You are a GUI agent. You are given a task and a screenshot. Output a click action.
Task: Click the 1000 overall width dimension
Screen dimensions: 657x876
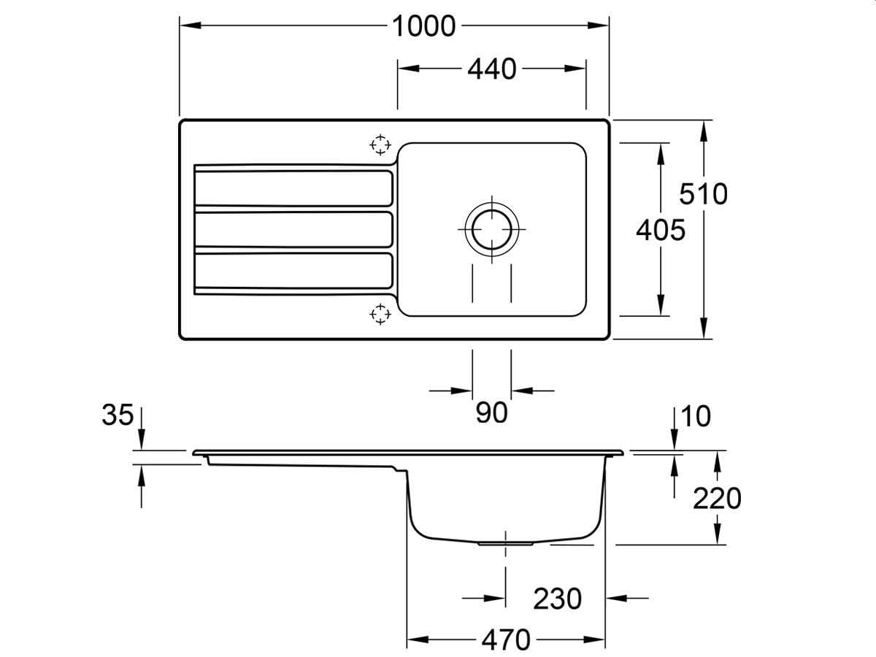tap(423, 26)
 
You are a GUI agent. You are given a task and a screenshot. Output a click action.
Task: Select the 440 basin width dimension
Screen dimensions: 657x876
tap(491, 69)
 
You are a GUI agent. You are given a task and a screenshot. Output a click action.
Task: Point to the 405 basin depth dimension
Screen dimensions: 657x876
tap(661, 230)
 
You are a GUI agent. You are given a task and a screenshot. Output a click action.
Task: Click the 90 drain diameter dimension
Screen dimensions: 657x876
tap(491, 412)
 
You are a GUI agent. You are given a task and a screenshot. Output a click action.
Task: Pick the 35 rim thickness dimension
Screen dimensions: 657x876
tap(118, 415)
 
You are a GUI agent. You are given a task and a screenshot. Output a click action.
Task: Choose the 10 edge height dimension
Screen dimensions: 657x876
tap(695, 416)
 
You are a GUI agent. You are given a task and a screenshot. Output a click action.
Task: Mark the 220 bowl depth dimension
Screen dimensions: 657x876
tap(716, 499)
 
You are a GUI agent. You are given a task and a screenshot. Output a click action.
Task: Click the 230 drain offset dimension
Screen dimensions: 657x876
tap(557, 599)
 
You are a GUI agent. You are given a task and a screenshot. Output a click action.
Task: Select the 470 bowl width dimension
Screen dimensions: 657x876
tap(505, 640)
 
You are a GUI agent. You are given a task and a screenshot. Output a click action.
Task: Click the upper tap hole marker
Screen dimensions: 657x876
tap(380, 145)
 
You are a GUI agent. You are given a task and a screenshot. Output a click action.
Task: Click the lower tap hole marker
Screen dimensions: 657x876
tap(380, 314)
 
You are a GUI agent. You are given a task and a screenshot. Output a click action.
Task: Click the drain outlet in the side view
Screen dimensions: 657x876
tap(505, 544)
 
